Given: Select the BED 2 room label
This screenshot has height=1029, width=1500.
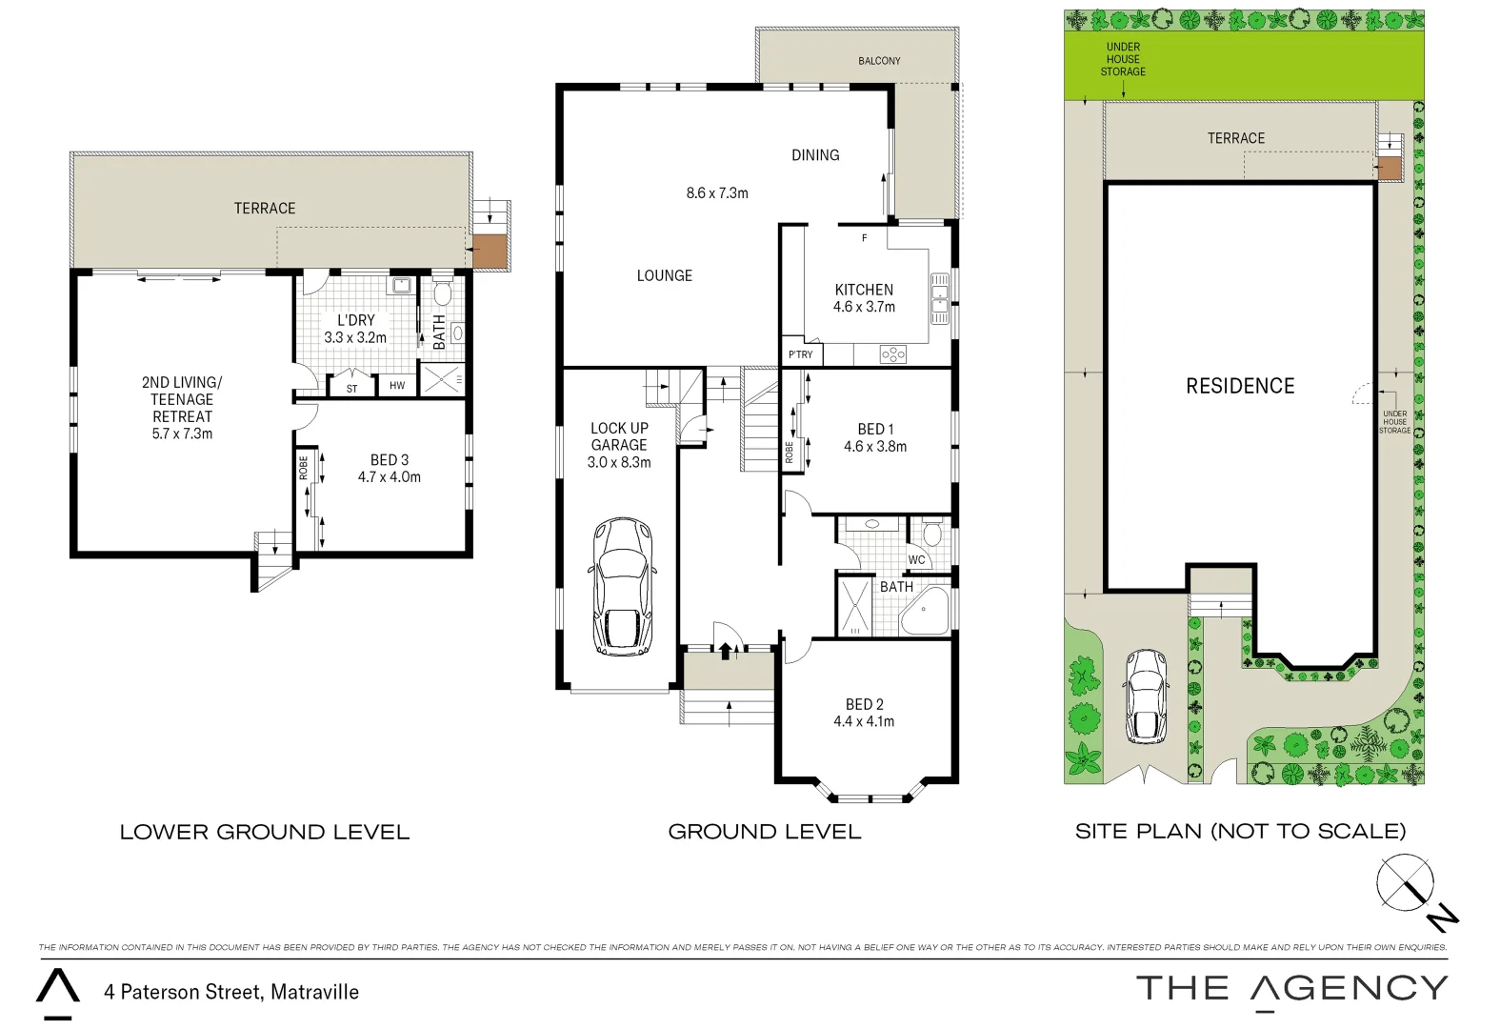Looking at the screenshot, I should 864,705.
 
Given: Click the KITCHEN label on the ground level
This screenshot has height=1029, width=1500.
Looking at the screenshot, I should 864,290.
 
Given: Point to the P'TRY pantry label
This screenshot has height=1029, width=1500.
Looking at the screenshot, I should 800,354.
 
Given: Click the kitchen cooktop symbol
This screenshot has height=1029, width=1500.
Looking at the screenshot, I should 893,354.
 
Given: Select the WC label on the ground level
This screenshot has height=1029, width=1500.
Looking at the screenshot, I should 916,560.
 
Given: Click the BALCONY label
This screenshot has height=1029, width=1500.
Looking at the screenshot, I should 879,61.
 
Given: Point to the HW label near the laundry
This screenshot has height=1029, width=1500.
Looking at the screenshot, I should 396,386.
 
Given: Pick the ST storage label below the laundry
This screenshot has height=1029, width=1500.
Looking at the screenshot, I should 351,388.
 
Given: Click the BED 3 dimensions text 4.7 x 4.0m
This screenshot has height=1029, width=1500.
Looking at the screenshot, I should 390,477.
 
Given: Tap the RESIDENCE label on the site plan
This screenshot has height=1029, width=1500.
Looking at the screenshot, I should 1240,386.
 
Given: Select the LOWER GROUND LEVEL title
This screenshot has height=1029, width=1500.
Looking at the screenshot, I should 265,832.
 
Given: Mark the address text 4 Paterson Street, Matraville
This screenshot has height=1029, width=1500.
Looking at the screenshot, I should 231,992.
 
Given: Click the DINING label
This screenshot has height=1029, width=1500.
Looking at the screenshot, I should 815,154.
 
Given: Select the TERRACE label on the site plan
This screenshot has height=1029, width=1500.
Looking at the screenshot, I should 1236,138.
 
